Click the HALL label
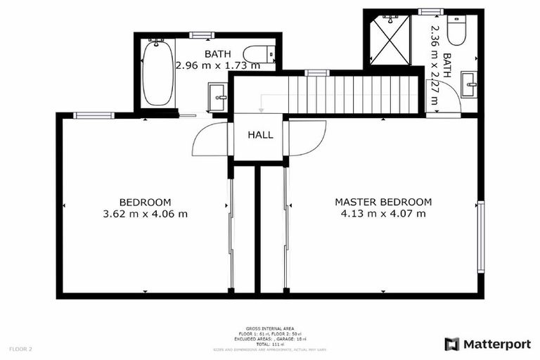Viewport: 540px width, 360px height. (x=260, y=135)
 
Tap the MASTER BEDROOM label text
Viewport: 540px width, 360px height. (x=383, y=202)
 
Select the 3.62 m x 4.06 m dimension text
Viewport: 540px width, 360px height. (x=145, y=214)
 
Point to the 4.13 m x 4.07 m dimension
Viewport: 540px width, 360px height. (x=383, y=214)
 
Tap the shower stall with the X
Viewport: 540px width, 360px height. (x=390, y=41)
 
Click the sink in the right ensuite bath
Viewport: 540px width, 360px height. (x=470, y=87)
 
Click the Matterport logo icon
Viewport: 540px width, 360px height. (x=452, y=344)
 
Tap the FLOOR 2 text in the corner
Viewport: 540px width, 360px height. (x=20, y=349)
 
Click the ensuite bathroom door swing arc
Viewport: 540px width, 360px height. (x=442, y=96)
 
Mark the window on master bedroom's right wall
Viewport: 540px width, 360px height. (x=481, y=237)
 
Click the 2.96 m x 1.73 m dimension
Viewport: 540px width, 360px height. (x=217, y=65)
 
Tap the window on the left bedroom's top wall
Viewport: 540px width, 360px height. (x=94, y=115)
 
